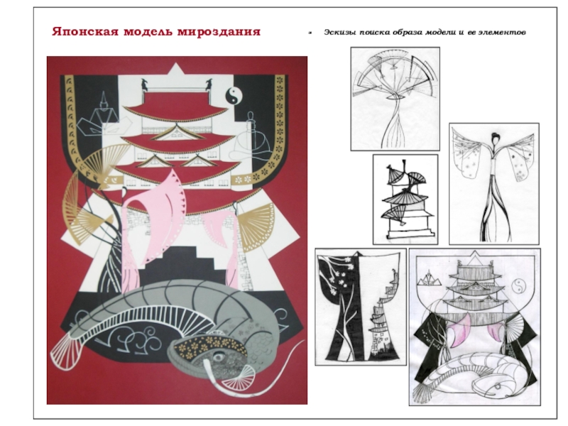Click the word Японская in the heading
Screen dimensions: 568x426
point(85,31)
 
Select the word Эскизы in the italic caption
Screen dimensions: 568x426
point(339,33)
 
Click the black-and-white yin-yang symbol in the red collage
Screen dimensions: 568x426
point(234,97)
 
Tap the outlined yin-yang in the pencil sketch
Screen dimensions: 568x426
point(520,286)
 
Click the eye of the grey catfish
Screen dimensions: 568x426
point(218,357)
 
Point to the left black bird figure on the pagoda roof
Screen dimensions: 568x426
point(145,84)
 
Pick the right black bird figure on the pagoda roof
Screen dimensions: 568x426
point(209,84)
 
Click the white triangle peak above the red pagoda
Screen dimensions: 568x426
point(175,70)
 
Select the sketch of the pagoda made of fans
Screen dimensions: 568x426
point(405,200)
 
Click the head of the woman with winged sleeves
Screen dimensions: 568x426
point(494,138)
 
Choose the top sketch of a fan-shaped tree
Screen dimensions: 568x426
point(395,99)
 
